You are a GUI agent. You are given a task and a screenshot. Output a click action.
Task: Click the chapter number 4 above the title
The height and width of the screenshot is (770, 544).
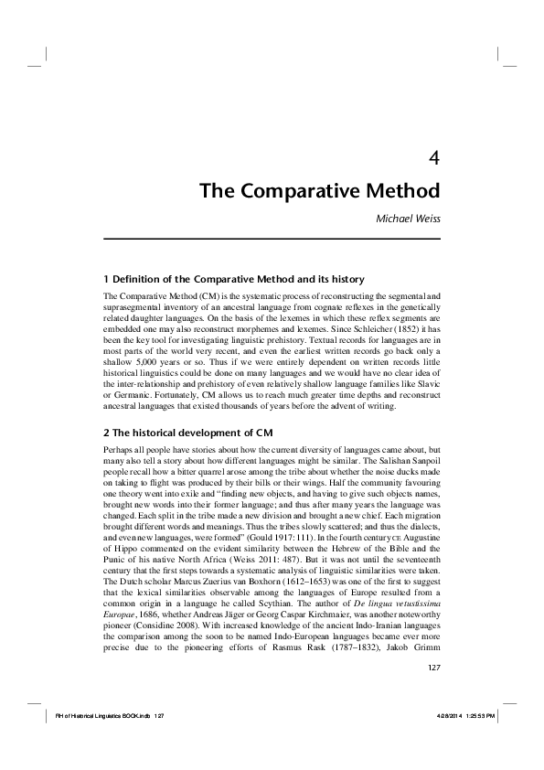coord(435,157)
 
